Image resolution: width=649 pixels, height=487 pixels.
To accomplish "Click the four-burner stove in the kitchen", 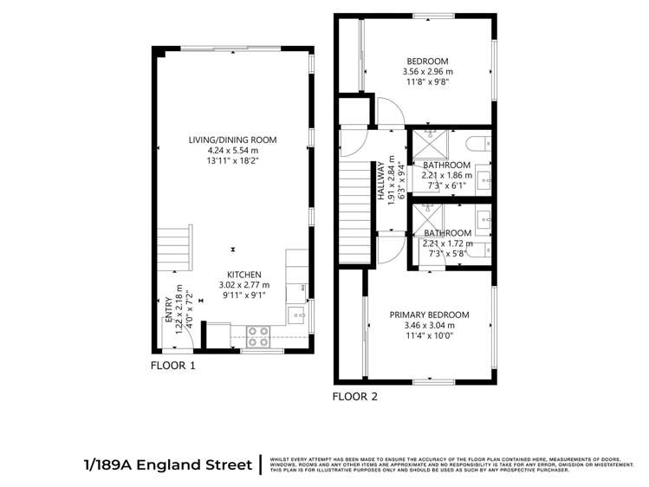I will tap(258, 331).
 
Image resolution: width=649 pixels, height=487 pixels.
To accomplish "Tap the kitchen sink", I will tap(296, 314).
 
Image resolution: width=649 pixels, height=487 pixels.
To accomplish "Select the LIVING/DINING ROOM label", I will tap(233, 140).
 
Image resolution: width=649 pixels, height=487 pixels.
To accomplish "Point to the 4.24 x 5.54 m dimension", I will tap(233, 150).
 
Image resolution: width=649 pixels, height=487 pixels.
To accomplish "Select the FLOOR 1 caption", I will tap(173, 366).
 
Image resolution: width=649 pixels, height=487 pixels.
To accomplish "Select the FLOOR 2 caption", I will tap(355, 397).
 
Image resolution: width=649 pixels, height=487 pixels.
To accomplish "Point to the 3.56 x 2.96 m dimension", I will tap(428, 72).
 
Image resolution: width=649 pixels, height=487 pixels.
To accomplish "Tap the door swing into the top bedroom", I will tap(386, 111).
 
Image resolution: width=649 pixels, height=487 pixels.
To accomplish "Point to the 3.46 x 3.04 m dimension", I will tap(429, 326).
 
